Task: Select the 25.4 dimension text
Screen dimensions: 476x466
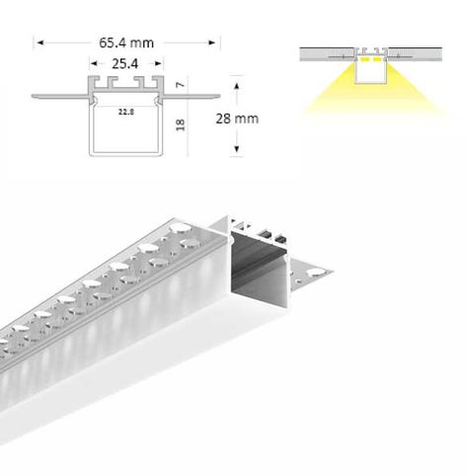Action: tap(123, 63)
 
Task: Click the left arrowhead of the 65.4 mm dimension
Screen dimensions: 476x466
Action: tap(39, 42)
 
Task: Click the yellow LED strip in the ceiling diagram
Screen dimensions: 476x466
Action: tap(371, 59)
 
